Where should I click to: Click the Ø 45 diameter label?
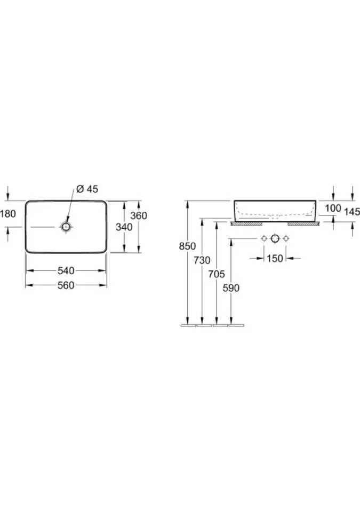click(x=87, y=189)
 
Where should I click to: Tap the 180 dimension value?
click(x=9, y=214)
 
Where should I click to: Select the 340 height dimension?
click(x=123, y=227)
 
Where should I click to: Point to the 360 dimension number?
click(x=138, y=215)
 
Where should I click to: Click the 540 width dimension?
click(x=66, y=271)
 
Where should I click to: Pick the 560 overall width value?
click(x=66, y=285)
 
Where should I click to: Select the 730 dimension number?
click(x=202, y=260)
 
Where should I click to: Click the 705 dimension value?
click(x=215, y=274)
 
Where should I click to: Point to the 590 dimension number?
click(x=230, y=288)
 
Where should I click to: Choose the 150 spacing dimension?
click(x=275, y=259)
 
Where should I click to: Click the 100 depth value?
click(x=333, y=208)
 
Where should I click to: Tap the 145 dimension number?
click(x=352, y=212)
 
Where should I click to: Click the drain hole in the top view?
click(x=66, y=227)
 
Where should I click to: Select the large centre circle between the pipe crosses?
click(x=275, y=238)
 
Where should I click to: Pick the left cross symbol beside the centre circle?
click(x=263, y=238)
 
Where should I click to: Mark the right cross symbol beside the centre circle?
click(x=286, y=238)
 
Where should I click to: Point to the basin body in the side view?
click(x=275, y=209)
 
